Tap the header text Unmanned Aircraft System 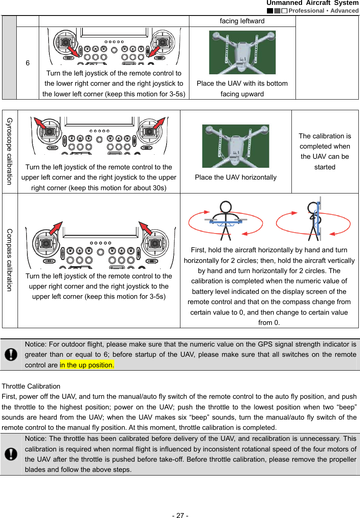313,3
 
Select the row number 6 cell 27,63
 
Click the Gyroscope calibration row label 9,151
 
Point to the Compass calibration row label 9,260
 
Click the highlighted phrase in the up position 87,365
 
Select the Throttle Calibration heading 31,386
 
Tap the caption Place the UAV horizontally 236,178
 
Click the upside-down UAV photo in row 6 242,52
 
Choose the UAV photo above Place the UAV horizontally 236,146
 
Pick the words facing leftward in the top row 242,21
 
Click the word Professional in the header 306,11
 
